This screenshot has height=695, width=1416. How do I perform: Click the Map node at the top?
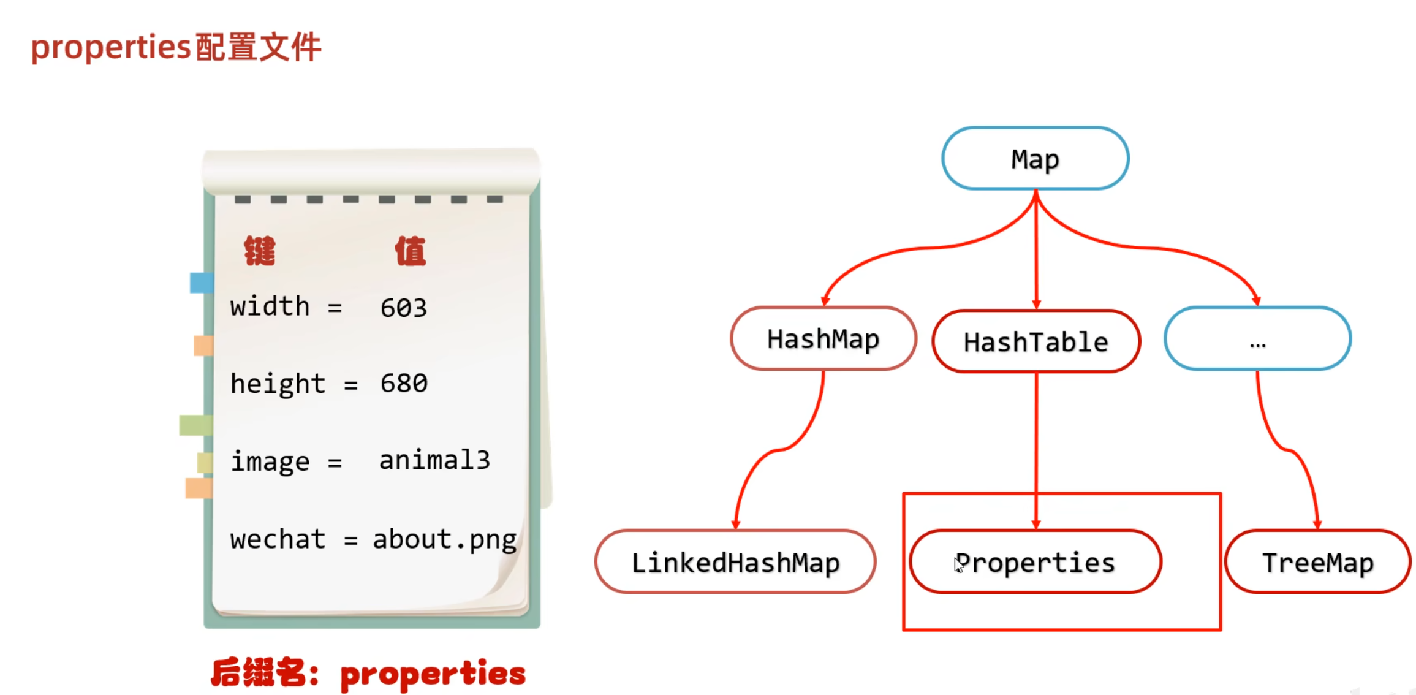tap(1035, 159)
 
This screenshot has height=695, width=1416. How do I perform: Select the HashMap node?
tap(823, 339)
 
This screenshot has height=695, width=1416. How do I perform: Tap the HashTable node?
tap(1035, 341)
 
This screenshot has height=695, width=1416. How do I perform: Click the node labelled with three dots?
tap(1257, 339)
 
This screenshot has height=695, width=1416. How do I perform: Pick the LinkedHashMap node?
tap(735, 562)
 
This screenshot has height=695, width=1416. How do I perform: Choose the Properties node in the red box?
tap(1035, 562)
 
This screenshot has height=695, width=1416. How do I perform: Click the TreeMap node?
tap(1318, 562)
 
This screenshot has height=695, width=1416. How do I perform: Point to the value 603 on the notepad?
tap(403, 308)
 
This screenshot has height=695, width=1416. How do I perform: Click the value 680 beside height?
tap(404, 384)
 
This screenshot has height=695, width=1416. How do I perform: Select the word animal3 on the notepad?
tap(434, 460)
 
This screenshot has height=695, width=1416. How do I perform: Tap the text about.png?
tap(444, 540)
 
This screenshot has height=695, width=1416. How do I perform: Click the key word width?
tap(270, 306)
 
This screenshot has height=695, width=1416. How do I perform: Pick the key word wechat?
tap(278, 539)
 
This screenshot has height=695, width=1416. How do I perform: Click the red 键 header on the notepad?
tap(260, 251)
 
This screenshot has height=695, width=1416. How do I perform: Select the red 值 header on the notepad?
tap(410, 251)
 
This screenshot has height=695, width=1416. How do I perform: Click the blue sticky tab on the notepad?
tap(201, 283)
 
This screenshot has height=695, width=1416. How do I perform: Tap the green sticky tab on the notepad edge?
tap(195, 425)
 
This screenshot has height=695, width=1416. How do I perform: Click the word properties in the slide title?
tap(112, 47)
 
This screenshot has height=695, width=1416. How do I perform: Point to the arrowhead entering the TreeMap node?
tap(1317, 525)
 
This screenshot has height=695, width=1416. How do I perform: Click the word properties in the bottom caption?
tap(433, 674)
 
